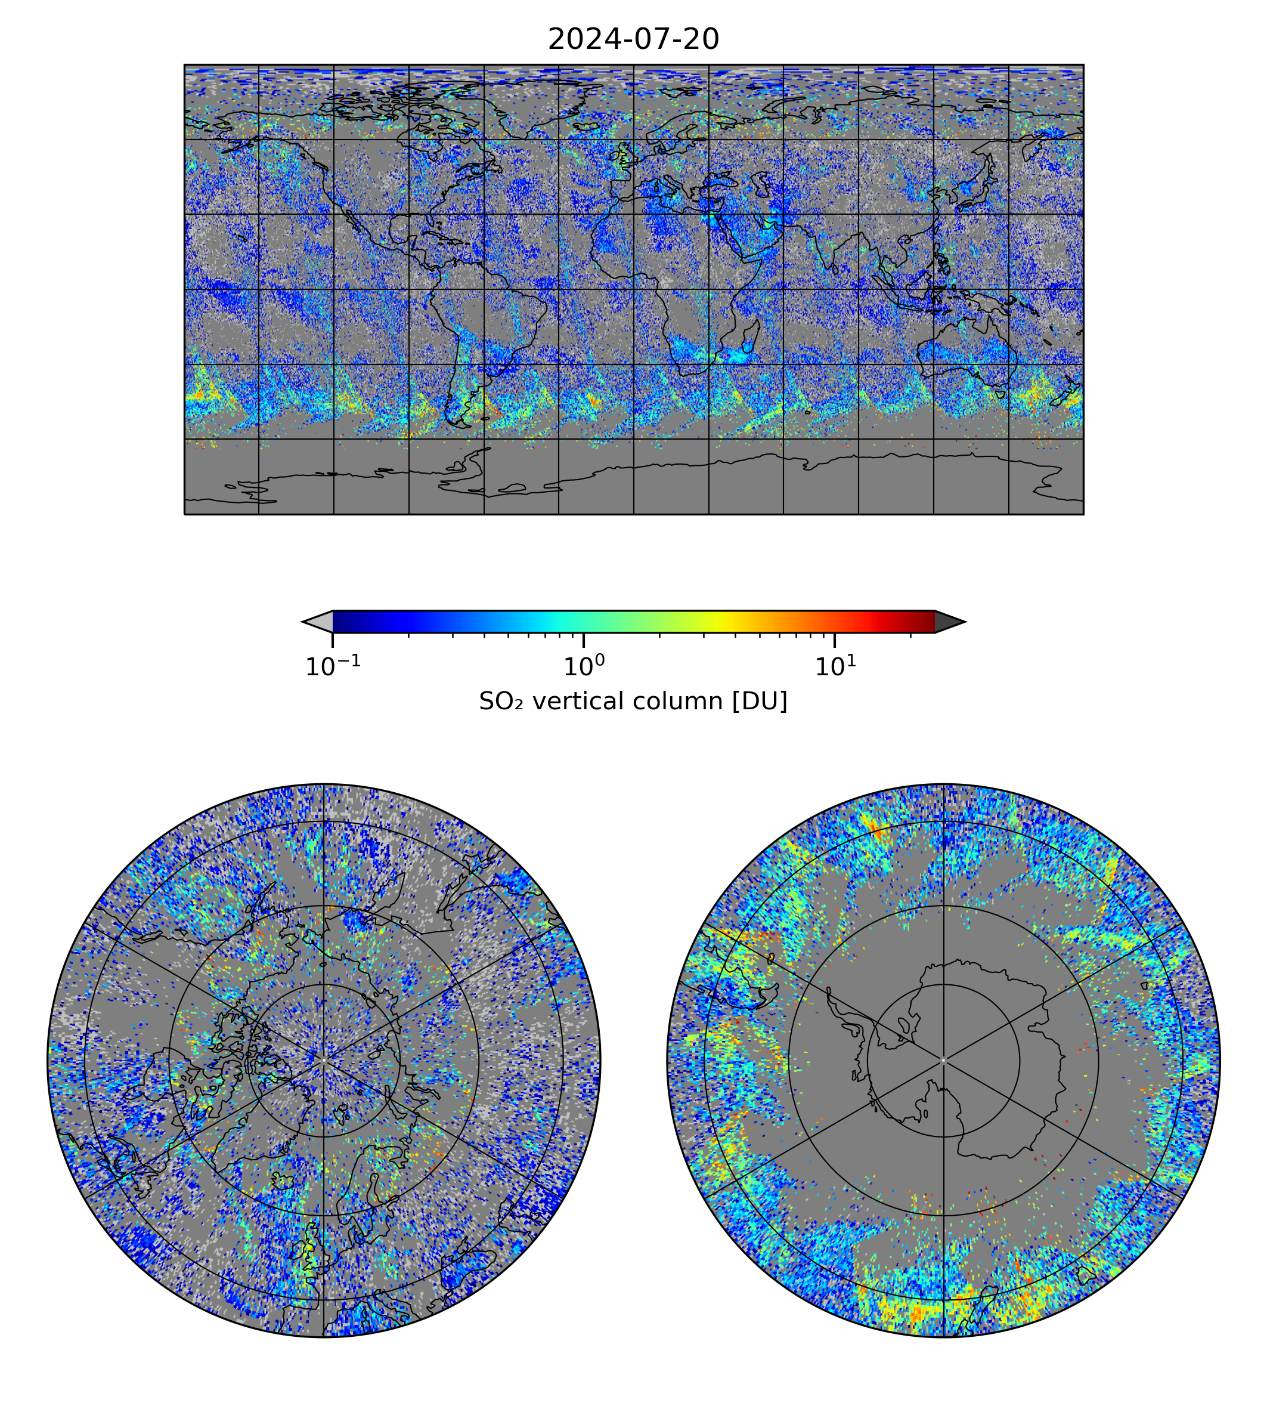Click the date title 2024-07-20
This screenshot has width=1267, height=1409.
click(x=633, y=40)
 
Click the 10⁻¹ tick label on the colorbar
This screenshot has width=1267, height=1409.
click(x=333, y=666)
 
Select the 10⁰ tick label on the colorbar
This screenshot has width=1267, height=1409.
click(x=583, y=666)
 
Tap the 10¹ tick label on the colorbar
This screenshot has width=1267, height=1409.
click(x=835, y=666)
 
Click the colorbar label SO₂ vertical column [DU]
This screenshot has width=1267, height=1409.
click(x=633, y=702)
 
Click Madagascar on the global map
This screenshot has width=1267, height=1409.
click(x=749, y=338)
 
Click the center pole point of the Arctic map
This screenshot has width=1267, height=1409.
click(x=324, y=1061)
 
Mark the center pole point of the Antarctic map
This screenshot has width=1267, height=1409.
click(x=943, y=1061)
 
